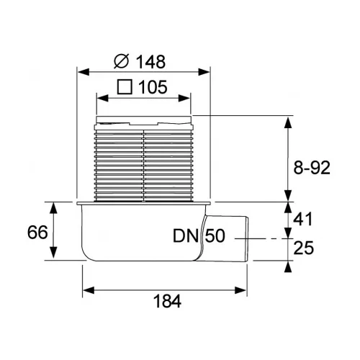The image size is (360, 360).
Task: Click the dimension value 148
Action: coord(150,62)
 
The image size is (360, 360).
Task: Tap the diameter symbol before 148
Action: coord(122,61)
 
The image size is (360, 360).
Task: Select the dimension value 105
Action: coord(153,87)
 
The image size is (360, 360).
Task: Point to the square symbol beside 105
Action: coord(125,87)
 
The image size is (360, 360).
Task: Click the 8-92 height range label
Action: coord(312,168)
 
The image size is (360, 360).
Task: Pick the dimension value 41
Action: coord(303,219)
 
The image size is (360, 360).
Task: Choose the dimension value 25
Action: coord(304,248)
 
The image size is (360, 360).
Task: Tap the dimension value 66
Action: coord(37,232)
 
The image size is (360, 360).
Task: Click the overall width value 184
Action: coord(167,301)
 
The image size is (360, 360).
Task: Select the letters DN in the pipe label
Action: coord(186,235)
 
